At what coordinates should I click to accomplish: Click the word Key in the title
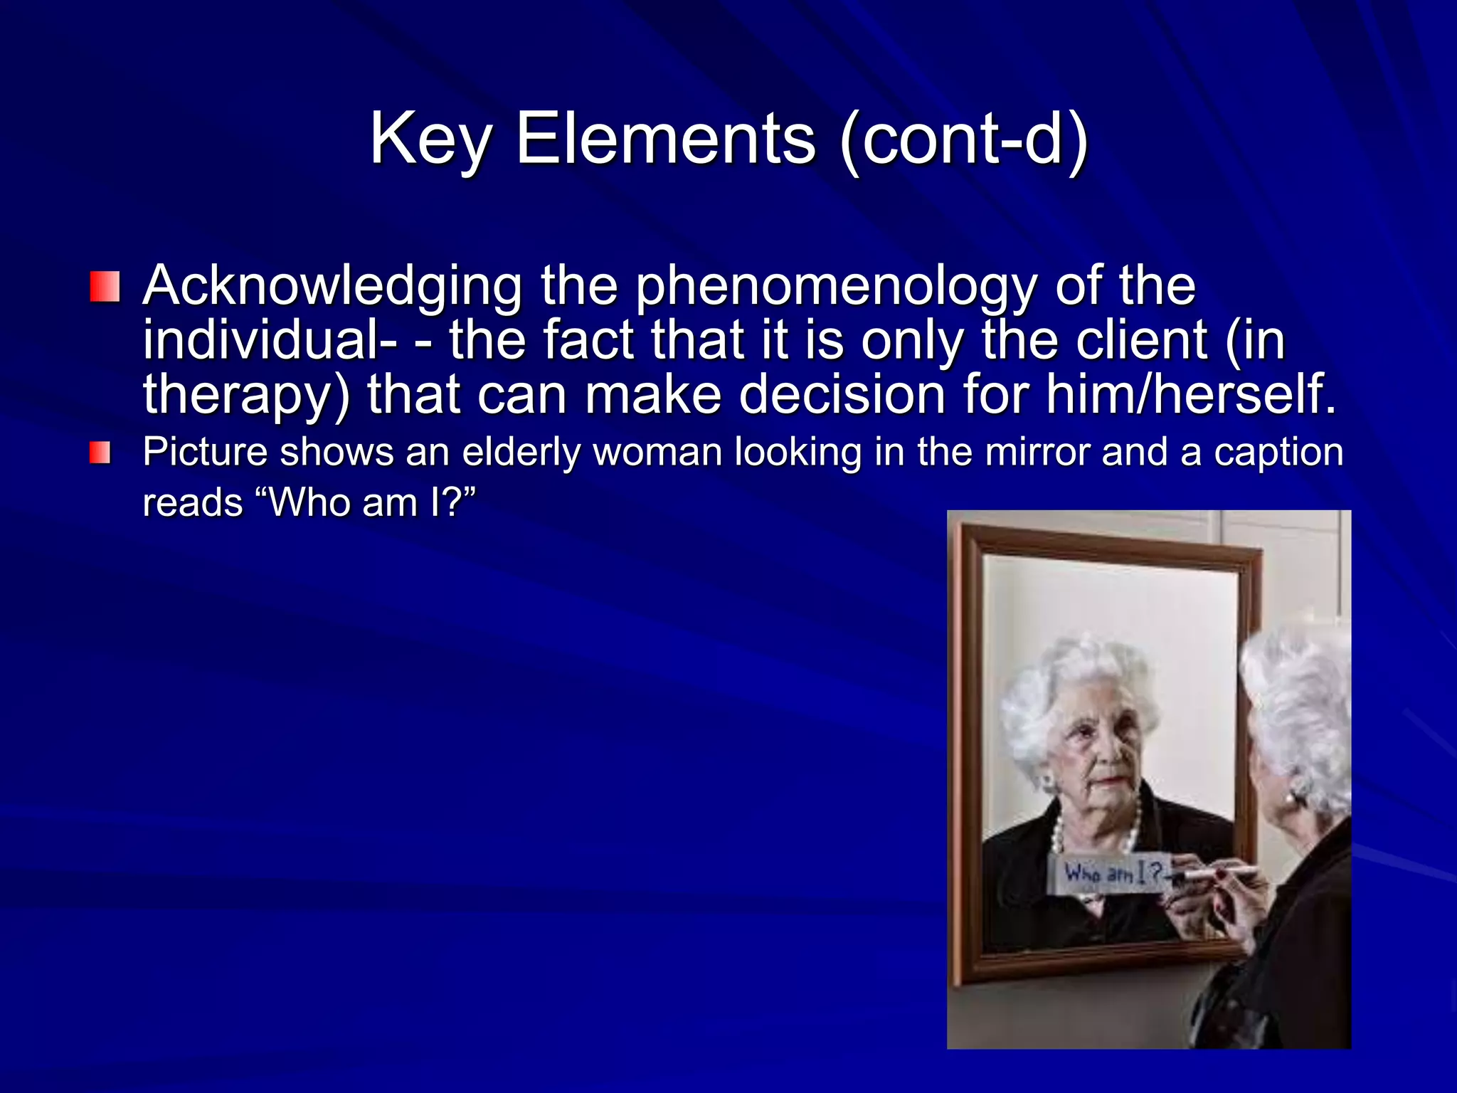(x=430, y=139)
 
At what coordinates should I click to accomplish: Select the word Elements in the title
(x=664, y=139)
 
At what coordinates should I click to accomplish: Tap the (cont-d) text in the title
(x=963, y=139)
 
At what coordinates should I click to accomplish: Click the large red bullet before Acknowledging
(x=105, y=287)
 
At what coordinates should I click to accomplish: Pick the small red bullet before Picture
(x=100, y=453)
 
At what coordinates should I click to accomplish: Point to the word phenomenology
(x=837, y=287)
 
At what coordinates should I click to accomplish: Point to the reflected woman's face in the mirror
(x=1099, y=754)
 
